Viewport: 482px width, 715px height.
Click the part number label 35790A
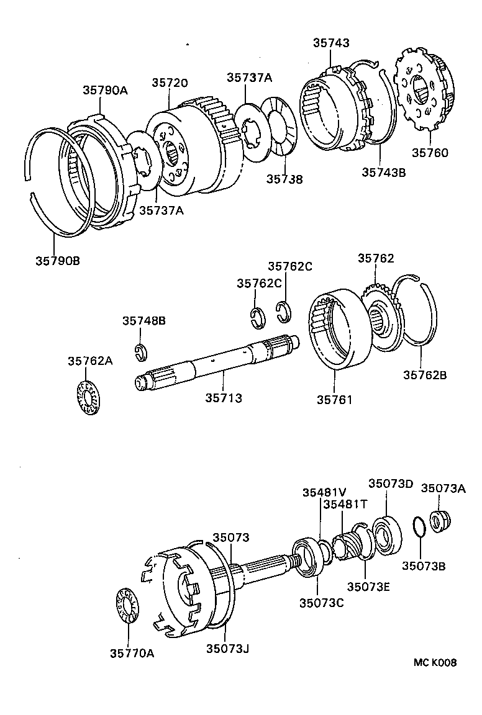[x=105, y=90]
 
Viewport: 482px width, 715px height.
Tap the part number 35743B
[x=383, y=173]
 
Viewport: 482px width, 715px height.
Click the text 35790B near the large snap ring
[x=57, y=260]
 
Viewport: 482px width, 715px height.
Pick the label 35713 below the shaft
[x=224, y=397]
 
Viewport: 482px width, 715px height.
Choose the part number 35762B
[x=425, y=374]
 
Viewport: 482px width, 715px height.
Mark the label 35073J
[x=227, y=649]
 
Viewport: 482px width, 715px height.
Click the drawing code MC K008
[x=435, y=663]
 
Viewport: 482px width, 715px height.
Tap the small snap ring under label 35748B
[x=140, y=352]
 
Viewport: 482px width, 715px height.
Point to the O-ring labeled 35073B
[x=419, y=526]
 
